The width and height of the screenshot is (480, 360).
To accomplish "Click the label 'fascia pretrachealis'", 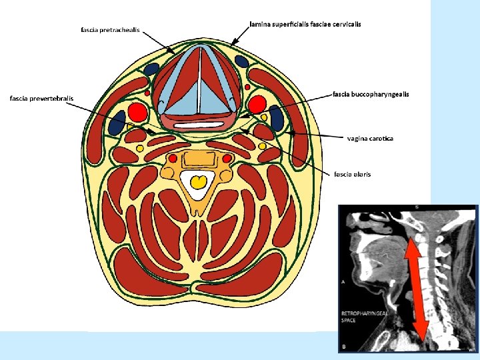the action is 110,30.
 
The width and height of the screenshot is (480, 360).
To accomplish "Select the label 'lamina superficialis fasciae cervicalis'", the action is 305,24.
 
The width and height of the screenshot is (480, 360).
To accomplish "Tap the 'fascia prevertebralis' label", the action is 41,99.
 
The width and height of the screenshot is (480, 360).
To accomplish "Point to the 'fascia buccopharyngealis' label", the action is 371,94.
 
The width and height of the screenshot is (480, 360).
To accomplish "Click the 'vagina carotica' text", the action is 371,138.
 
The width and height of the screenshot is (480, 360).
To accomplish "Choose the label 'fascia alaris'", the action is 353,174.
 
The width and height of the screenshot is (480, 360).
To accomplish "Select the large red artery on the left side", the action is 137,111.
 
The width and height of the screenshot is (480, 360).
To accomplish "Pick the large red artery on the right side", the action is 257,105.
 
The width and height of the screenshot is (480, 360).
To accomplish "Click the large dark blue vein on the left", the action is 117,123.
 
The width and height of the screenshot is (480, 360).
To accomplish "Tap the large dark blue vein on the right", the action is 275,117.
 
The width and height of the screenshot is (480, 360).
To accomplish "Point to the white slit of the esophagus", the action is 197,124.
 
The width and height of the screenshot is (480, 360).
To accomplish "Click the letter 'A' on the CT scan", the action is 343,282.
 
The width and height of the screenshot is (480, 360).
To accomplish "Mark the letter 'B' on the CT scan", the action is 343,346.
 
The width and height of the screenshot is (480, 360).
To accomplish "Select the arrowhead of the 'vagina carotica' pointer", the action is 291,133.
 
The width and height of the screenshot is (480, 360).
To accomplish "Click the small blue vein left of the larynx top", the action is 151,68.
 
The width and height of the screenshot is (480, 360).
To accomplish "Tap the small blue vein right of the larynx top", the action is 242,62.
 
